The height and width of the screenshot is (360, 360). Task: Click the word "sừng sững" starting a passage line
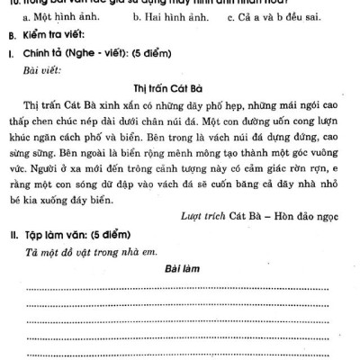(30, 161)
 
